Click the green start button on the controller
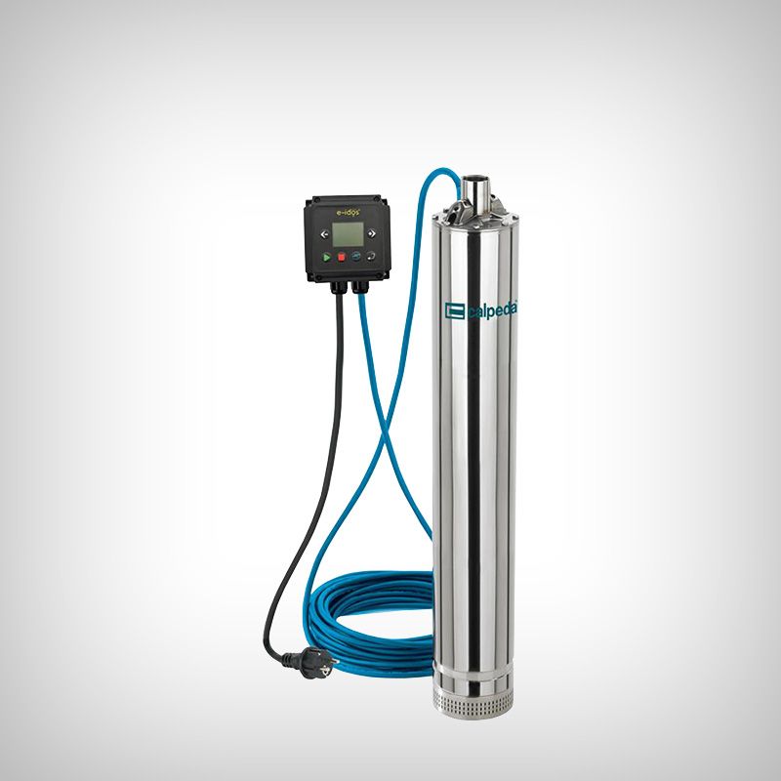point(326,257)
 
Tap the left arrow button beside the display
point(325,234)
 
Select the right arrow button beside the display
point(371,233)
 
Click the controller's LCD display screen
point(348,233)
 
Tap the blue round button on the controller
point(356,257)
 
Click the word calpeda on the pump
point(492,311)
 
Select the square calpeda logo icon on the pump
point(454,310)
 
